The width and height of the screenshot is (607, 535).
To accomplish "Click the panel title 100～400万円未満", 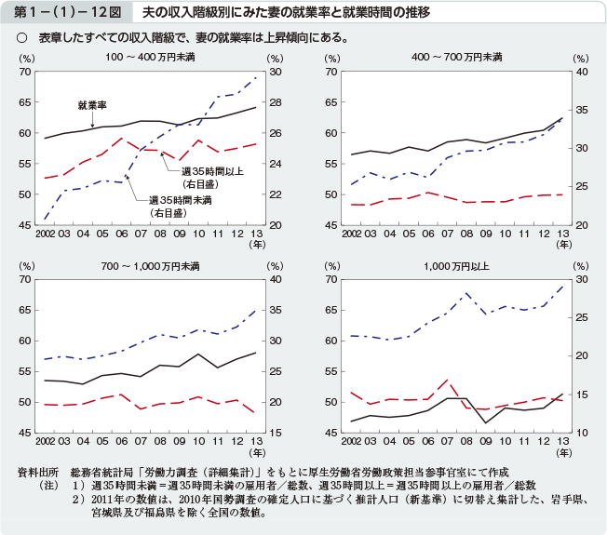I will click(151, 58).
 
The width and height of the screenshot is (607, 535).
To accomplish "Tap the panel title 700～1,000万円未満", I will click(151, 266).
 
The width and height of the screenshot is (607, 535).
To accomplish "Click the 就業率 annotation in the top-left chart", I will click(92, 104).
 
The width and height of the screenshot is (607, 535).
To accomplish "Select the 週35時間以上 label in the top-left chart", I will click(212, 171).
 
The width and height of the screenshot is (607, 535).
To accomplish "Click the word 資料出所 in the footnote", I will click(38, 472).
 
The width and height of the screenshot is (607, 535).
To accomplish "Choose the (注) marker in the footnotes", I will click(44, 485).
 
